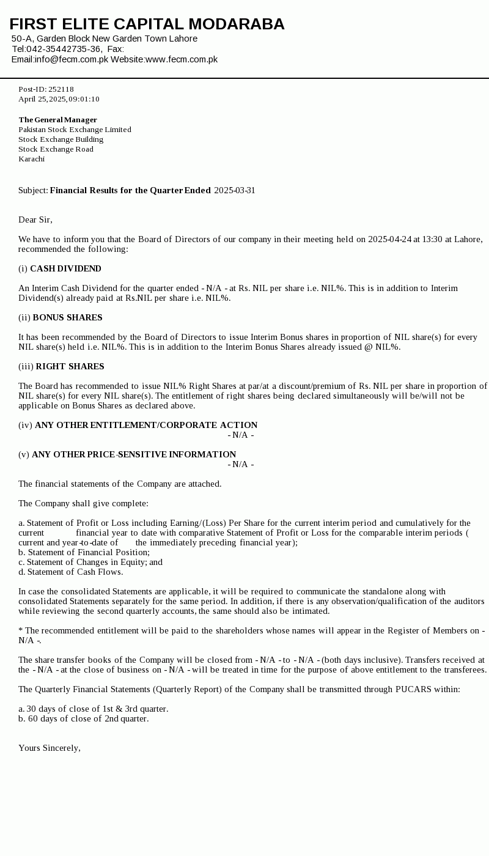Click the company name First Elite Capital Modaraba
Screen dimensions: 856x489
pyautogui.click(x=147, y=24)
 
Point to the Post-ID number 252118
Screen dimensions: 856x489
pyautogui.click(x=61, y=89)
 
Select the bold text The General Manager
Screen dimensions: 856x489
pyautogui.click(x=57, y=120)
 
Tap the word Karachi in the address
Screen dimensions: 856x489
pyautogui.click(x=31, y=159)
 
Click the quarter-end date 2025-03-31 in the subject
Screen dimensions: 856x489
pyautogui.click(x=235, y=190)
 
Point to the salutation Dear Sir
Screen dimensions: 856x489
pyautogui.click(x=35, y=220)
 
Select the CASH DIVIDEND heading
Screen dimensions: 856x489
pyautogui.click(x=65, y=268)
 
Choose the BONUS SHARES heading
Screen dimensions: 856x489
pyautogui.click(x=67, y=317)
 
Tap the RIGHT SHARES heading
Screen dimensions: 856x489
pyautogui.click(x=70, y=366)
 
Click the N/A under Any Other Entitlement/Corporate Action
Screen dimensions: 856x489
pyautogui.click(x=240, y=435)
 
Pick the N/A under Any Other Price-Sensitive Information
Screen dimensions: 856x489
pyautogui.click(x=240, y=464)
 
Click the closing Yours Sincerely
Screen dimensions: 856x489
pyautogui.click(x=49, y=748)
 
